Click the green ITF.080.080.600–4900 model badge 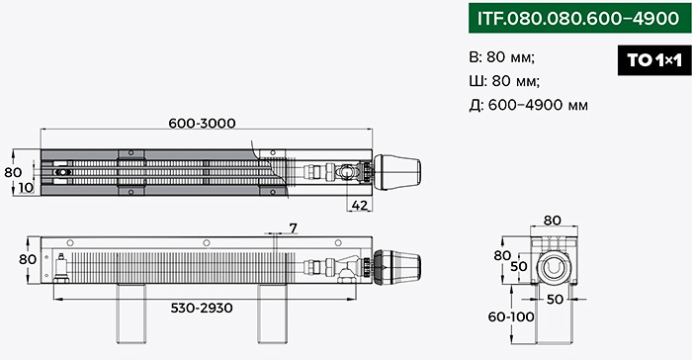579,18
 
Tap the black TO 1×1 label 654,60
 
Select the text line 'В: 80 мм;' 502,57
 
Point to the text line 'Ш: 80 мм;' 504,81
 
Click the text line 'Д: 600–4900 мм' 528,105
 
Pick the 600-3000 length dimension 202,124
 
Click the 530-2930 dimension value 202,308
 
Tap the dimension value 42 360,206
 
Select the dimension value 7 294,227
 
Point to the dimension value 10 26,188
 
